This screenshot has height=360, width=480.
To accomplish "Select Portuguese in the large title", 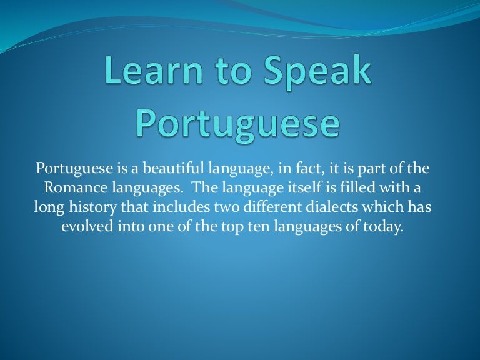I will (238, 124).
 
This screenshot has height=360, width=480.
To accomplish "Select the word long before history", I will (47, 206).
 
